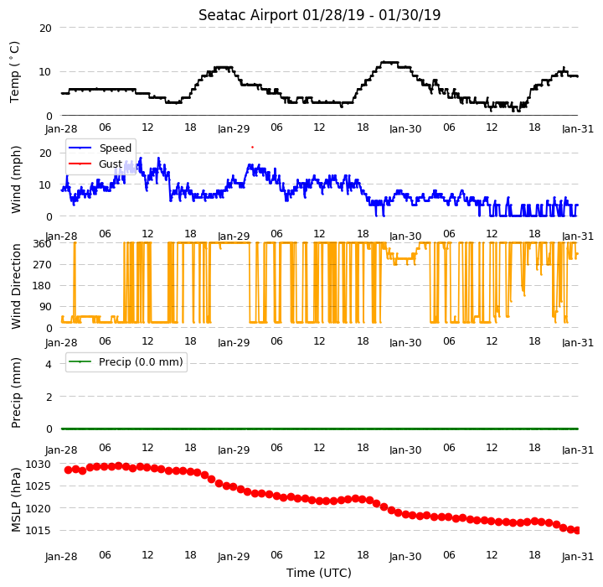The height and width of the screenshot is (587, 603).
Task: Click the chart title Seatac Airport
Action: (x=248, y=15)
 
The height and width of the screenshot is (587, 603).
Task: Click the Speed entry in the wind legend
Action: (x=116, y=148)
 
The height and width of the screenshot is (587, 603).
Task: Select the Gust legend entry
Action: (x=111, y=164)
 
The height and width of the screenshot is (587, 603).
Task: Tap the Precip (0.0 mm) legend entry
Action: (x=141, y=362)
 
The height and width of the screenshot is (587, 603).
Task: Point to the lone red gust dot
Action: (x=252, y=147)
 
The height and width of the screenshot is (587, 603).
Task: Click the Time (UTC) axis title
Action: (x=319, y=573)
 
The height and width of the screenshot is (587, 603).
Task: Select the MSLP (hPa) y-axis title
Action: (x=16, y=500)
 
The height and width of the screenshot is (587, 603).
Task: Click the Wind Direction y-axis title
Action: (x=16, y=286)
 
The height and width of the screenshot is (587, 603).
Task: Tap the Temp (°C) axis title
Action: (x=14, y=72)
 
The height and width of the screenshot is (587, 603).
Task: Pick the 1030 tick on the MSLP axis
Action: (x=38, y=465)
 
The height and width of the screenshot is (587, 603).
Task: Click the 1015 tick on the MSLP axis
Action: (x=38, y=530)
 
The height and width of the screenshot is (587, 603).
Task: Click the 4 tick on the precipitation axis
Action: (x=49, y=364)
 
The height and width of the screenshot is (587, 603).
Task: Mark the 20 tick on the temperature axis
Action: (x=45, y=29)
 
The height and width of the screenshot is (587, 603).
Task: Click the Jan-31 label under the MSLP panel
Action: (x=578, y=557)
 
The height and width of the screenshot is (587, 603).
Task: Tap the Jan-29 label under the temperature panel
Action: (x=234, y=128)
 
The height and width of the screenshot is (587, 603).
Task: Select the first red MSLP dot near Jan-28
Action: (x=68, y=470)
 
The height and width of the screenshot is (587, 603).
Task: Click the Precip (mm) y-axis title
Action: (x=16, y=393)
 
